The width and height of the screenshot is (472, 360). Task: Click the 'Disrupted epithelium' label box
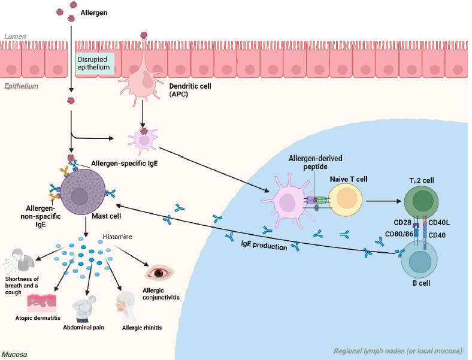95,63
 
